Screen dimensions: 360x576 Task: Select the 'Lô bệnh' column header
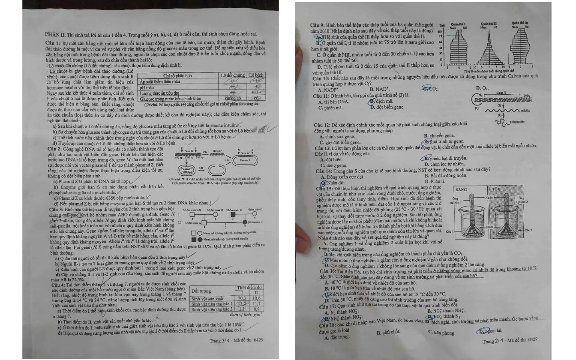click(257, 75)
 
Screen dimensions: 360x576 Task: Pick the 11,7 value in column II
click(256, 303)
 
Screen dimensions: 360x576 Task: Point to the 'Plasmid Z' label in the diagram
click(251, 159)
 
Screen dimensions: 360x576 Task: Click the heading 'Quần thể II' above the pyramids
click(488, 24)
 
